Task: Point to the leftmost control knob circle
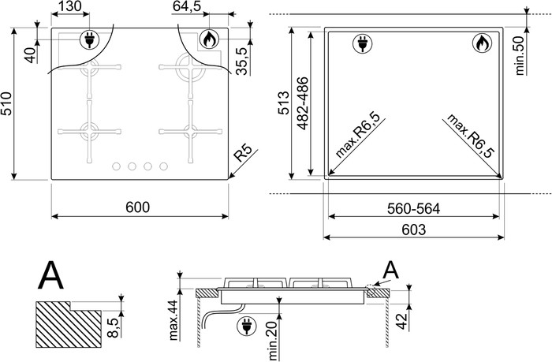(x=116, y=166)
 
